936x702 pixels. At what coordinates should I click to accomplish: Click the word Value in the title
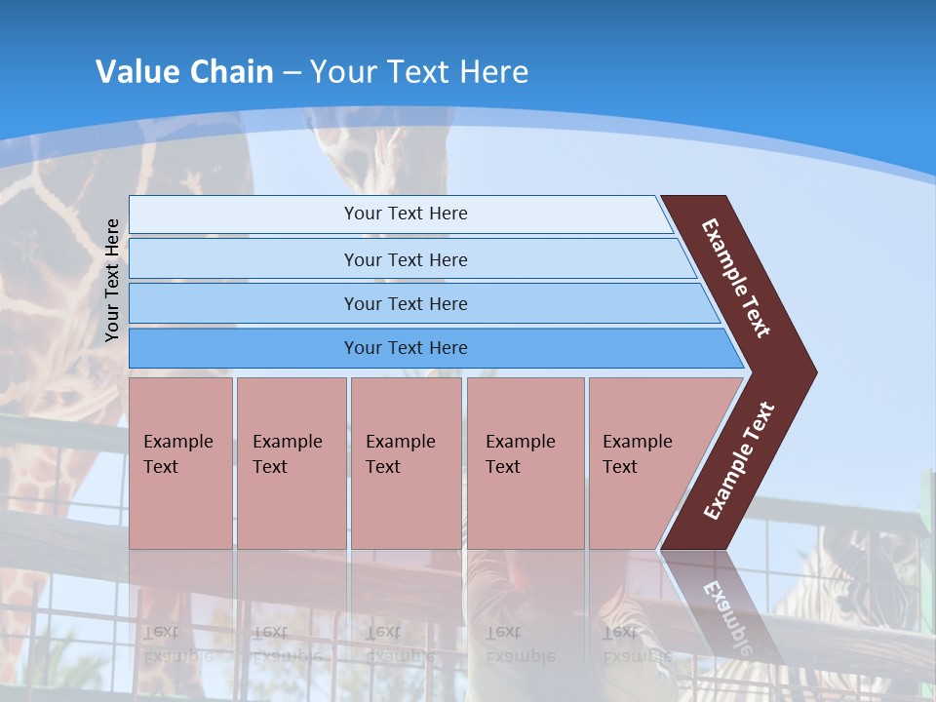point(136,71)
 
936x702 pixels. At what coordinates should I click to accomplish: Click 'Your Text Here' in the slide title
point(419,71)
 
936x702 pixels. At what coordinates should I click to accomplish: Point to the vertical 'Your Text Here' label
point(112,280)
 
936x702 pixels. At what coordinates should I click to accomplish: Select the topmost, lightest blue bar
point(405,214)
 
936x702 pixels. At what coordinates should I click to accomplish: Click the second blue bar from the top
point(405,259)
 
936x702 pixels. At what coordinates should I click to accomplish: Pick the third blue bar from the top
point(405,303)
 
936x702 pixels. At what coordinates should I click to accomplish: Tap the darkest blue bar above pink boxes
point(405,348)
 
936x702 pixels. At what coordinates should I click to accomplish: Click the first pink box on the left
point(180,462)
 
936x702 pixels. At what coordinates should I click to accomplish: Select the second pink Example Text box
point(291,462)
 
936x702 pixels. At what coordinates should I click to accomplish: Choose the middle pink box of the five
point(406,462)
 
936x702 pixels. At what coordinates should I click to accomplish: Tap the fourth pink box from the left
point(526,462)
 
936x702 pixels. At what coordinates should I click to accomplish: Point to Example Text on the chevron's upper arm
point(736,278)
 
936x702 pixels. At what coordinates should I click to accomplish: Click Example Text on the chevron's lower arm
point(739,461)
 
